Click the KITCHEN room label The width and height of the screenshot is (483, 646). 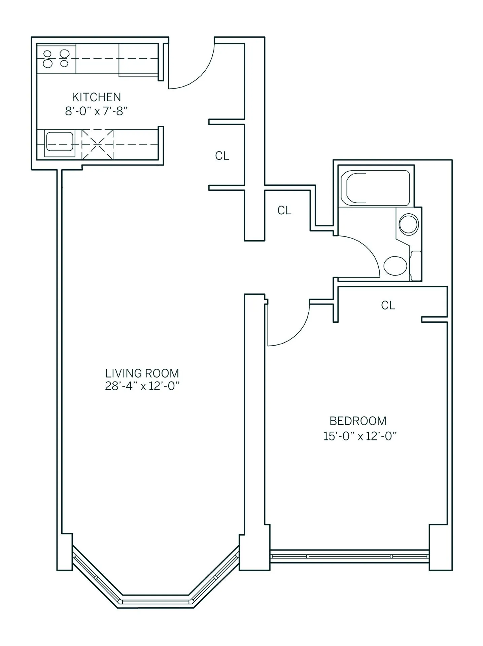(96, 97)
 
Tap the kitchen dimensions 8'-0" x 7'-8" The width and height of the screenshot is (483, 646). (96, 111)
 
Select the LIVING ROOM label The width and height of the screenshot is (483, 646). (142, 373)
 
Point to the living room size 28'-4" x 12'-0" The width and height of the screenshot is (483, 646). (142, 386)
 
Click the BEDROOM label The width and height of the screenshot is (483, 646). (358, 421)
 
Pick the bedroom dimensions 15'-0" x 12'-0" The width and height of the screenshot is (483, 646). (360, 436)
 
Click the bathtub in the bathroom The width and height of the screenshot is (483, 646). (375, 188)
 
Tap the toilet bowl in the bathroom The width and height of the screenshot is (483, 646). (395, 265)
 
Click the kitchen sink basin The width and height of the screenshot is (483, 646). (60, 143)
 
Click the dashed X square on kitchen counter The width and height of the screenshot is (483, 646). (98, 144)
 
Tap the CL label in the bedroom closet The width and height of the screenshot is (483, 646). (388, 305)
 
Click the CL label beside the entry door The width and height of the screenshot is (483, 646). (222, 156)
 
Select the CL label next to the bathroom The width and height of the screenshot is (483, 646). (284, 210)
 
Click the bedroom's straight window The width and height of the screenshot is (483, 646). (349, 556)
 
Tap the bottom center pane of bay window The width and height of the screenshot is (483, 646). (156, 602)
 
